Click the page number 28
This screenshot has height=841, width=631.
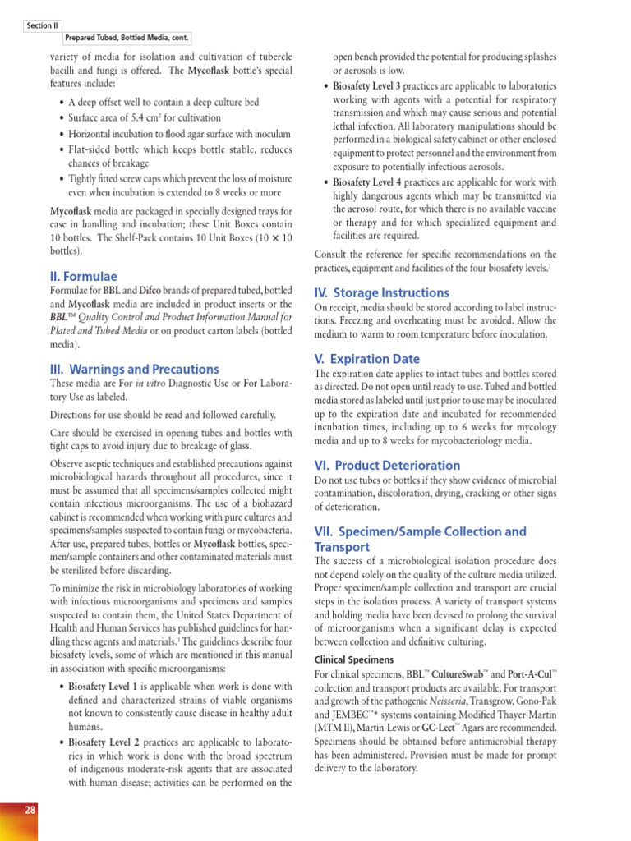[x=30, y=811]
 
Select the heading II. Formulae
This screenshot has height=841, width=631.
[x=83, y=276]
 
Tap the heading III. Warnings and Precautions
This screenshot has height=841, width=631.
[x=135, y=369]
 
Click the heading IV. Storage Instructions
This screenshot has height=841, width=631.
[x=382, y=292]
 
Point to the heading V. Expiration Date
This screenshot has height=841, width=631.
[x=367, y=359]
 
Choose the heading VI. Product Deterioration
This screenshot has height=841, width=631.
[x=388, y=465]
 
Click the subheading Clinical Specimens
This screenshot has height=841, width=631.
[x=355, y=659]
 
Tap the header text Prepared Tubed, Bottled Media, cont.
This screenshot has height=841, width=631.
[x=127, y=39]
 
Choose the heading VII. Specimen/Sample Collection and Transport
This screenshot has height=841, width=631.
[x=421, y=539]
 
